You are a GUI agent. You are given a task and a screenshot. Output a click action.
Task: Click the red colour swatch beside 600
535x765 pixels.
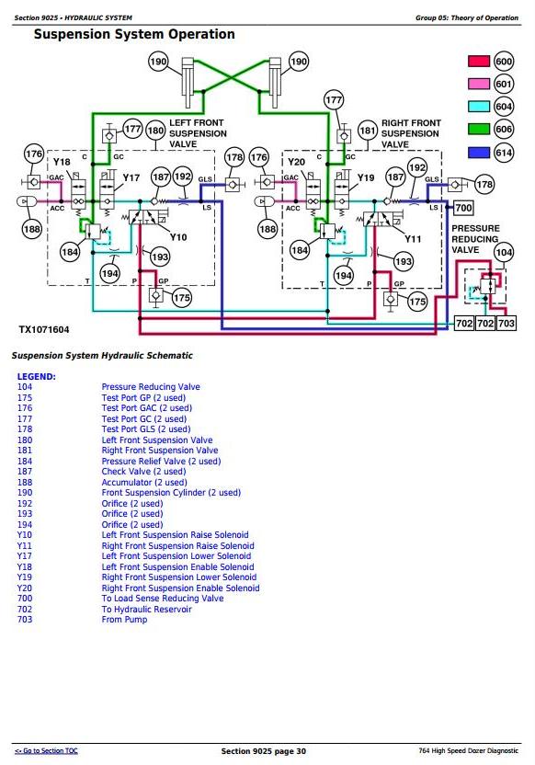[478, 61]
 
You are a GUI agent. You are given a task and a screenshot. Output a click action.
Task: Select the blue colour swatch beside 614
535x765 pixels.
[478, 153]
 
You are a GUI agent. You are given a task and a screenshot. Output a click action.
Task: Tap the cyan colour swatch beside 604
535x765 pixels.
[478, 107]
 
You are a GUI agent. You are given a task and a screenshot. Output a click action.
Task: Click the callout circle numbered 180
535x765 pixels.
[155, 131]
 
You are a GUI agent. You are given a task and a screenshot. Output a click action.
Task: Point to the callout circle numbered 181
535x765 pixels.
[367, 131]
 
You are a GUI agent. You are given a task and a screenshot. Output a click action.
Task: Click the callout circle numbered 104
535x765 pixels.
[504, 252]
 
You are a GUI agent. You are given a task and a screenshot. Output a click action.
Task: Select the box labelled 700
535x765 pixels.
[463, 208]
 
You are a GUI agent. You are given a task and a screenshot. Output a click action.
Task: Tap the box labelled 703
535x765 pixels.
[507, 323]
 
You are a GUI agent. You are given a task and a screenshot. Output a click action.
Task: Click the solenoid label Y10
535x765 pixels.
[178, 237]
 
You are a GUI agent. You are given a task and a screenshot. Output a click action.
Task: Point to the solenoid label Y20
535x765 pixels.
[296, 162]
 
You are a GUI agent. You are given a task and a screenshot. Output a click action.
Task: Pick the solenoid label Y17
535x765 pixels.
[131, 177]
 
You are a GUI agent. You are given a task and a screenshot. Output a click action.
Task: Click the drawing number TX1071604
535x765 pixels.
[44, 330]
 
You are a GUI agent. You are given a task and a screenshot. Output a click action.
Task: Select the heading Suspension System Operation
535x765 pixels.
[134, 34]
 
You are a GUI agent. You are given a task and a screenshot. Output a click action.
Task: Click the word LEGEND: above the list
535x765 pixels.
[37, 377]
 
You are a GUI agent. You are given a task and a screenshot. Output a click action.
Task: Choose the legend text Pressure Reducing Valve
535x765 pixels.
[151, 387]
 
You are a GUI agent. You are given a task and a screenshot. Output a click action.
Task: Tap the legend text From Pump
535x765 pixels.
[124, 620]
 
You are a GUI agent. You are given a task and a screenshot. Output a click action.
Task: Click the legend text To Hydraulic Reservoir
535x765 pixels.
[146, 610]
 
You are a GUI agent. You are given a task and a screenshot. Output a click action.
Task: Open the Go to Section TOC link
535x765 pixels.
[46, 751]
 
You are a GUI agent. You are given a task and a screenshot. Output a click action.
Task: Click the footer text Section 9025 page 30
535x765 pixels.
[263, 751]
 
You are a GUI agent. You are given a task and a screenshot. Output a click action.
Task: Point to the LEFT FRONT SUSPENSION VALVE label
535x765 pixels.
[198, 133]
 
